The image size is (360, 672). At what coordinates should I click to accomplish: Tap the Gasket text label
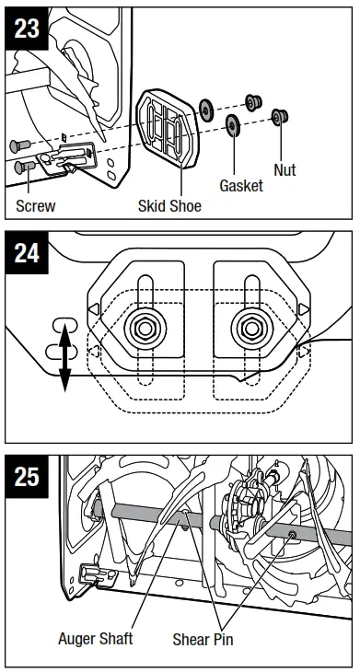[240, 185]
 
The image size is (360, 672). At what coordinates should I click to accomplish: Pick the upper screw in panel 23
[21, 145]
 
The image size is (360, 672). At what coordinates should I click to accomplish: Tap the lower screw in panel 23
[24, 168]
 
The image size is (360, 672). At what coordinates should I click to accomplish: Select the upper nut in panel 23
[250, 101]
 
